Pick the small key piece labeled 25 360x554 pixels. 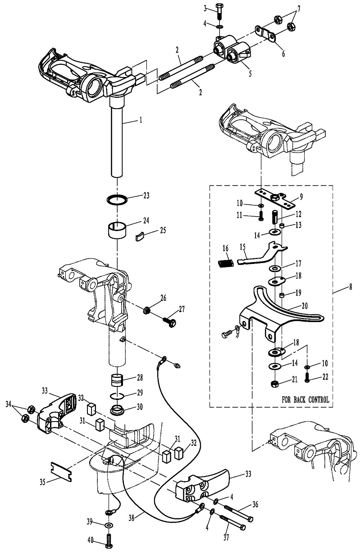coord(140,235)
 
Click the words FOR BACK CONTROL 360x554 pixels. coord(305,400)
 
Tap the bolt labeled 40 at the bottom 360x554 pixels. coord(109,540)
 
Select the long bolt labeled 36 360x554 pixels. coord(239,512)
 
